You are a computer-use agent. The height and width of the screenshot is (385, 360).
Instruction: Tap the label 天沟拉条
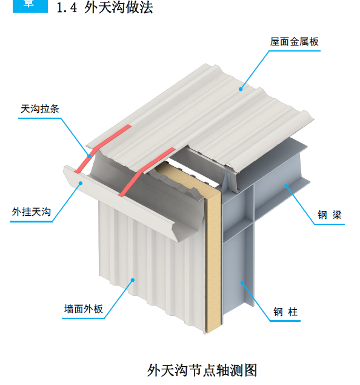pos(40,109)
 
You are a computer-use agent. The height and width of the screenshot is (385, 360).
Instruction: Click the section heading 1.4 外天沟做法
pos(104,8)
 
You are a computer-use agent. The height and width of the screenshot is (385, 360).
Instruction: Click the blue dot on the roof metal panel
pos(241,89)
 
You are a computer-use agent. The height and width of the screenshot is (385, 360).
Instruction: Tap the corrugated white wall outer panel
pos(152,273)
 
